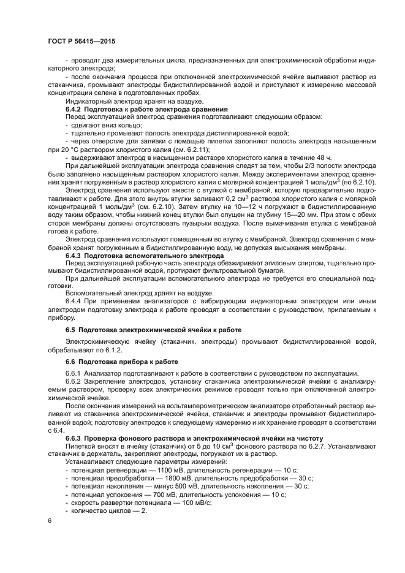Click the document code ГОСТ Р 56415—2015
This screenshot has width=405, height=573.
tap(81, 41)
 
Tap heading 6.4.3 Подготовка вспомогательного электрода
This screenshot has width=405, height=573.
tap(137, 254)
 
